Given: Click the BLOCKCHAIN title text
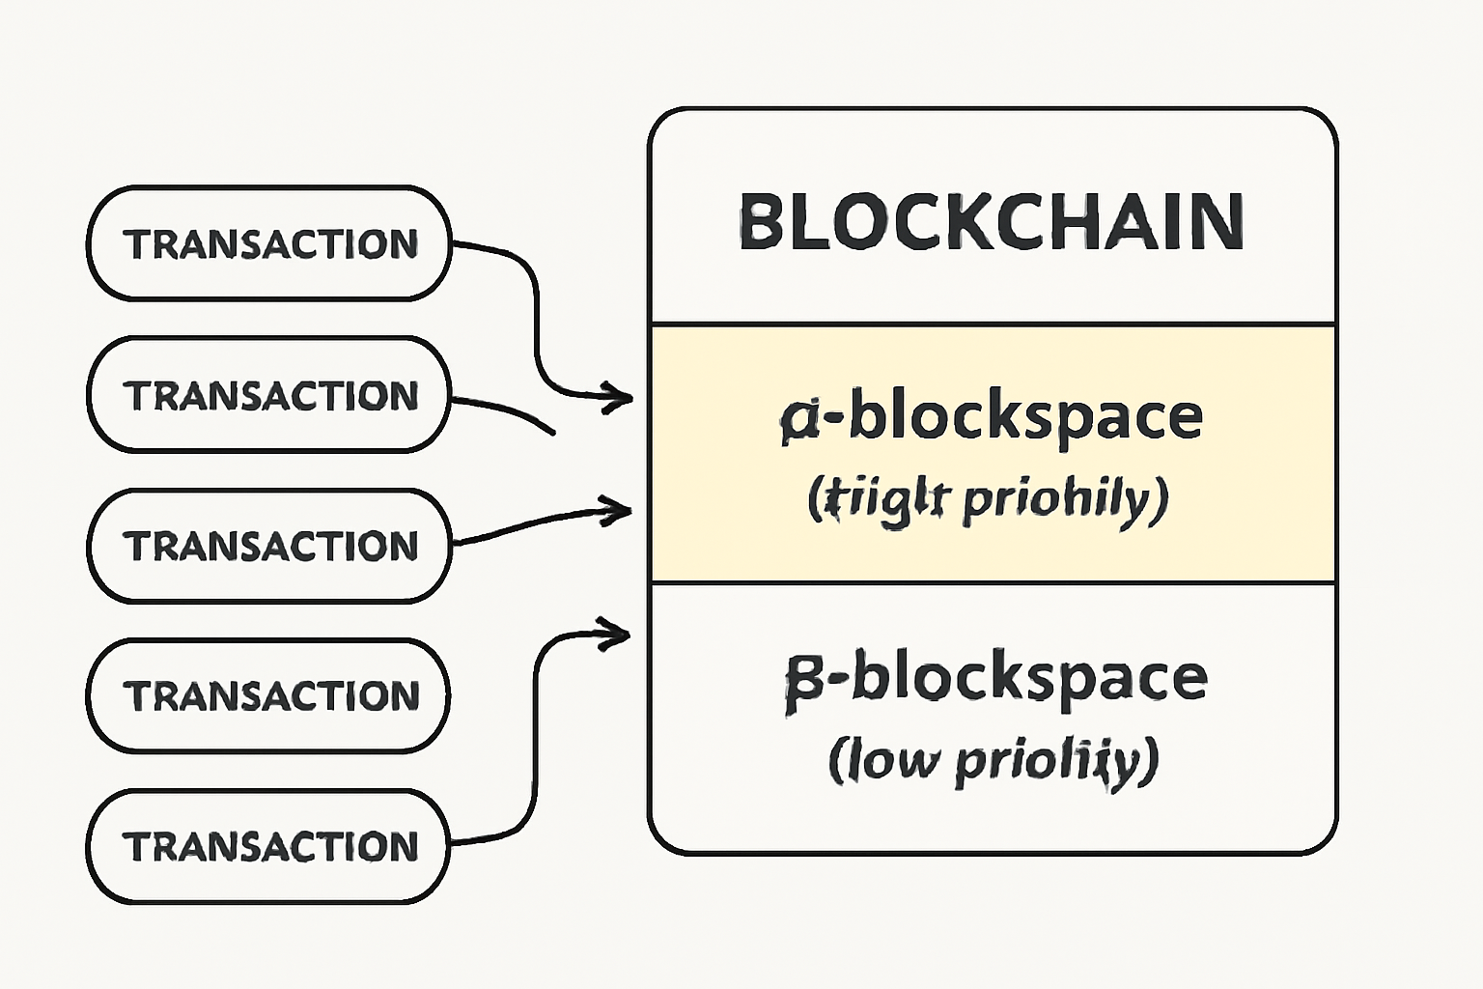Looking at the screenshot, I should pyautogui.click(x=992, y=222).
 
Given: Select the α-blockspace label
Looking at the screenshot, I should pyautogui.click(x=992, y=418).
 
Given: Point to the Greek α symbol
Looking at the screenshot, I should pyautogui.click(x=799, y=420).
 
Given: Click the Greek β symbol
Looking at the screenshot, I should pyautogui.click(x=804, y=682).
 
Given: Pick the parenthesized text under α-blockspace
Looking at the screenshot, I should pyautogui.click(x=988, y=499).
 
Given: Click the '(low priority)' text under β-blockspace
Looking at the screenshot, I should pyautogui.click(x=993, y=760).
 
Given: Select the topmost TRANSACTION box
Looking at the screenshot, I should pyautogui.click(x=269, y=244).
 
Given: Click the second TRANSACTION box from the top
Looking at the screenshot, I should pyautogui.click(x=269, y=395).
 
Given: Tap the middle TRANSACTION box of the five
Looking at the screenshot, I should pyautogui.click(x=269, y=546).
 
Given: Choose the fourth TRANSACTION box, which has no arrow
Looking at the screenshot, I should pyautogui.click(x=269, y=695).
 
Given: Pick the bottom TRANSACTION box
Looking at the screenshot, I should pyautogui.click(x=269, y=846).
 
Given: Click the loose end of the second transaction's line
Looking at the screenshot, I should pyautogui.click(x=552, y=432).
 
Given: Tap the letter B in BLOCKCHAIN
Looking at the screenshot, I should pyautogui.click(x=760, y=222).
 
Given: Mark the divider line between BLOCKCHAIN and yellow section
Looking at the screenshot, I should pyautogui.click(x=993, y=324).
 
